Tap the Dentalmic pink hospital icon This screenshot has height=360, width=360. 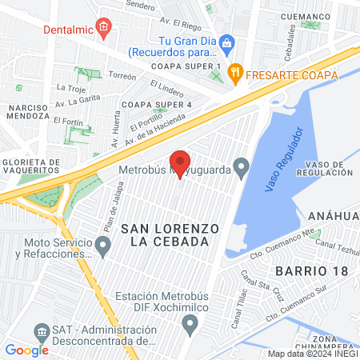[x=102, y=29]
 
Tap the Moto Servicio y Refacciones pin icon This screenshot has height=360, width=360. [x=102, y=243]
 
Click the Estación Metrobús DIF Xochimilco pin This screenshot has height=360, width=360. [x=190, y=324]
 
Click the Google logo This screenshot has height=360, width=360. [x=26, y=350]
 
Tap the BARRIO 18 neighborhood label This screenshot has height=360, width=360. [x=312, y=270]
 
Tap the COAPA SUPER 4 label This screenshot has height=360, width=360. [x=157, y=104]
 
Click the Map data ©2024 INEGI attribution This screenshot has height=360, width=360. [x=312, y=354]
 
